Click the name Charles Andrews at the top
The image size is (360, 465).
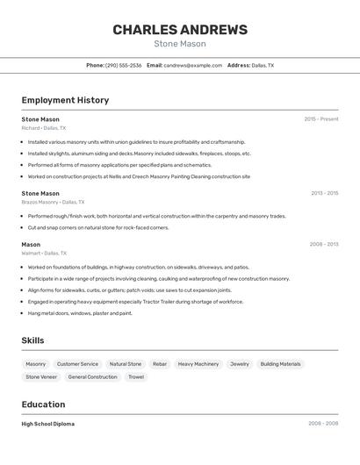(x=180, y=30)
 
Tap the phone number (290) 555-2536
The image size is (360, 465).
(x=123, y=65)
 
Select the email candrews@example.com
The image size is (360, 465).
(x=192, y=65)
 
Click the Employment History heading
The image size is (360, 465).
(x=65, y=100)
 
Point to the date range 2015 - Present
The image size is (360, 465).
(x=320, y=119)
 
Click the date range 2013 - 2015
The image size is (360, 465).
(x=324, y=193)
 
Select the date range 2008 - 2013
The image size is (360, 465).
(x=324, y=245)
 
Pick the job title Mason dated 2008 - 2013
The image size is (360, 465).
(x=31, y=245)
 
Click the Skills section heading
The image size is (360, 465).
(x=33, y=340)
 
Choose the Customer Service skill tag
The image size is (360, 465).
(x=77, y=364)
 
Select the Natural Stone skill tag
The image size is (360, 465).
(x=125, y=364)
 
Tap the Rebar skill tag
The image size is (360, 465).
(x=159, y=364)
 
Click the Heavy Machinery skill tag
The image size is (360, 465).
(x=198, y=364)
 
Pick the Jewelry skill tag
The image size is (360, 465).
(x=239, y=364)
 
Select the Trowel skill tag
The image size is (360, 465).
(x=136, y=377)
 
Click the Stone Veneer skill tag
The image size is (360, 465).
(x=41, y=377)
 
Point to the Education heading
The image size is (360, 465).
(x=43, y=404)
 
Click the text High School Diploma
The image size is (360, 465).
(x=47, y=424)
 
